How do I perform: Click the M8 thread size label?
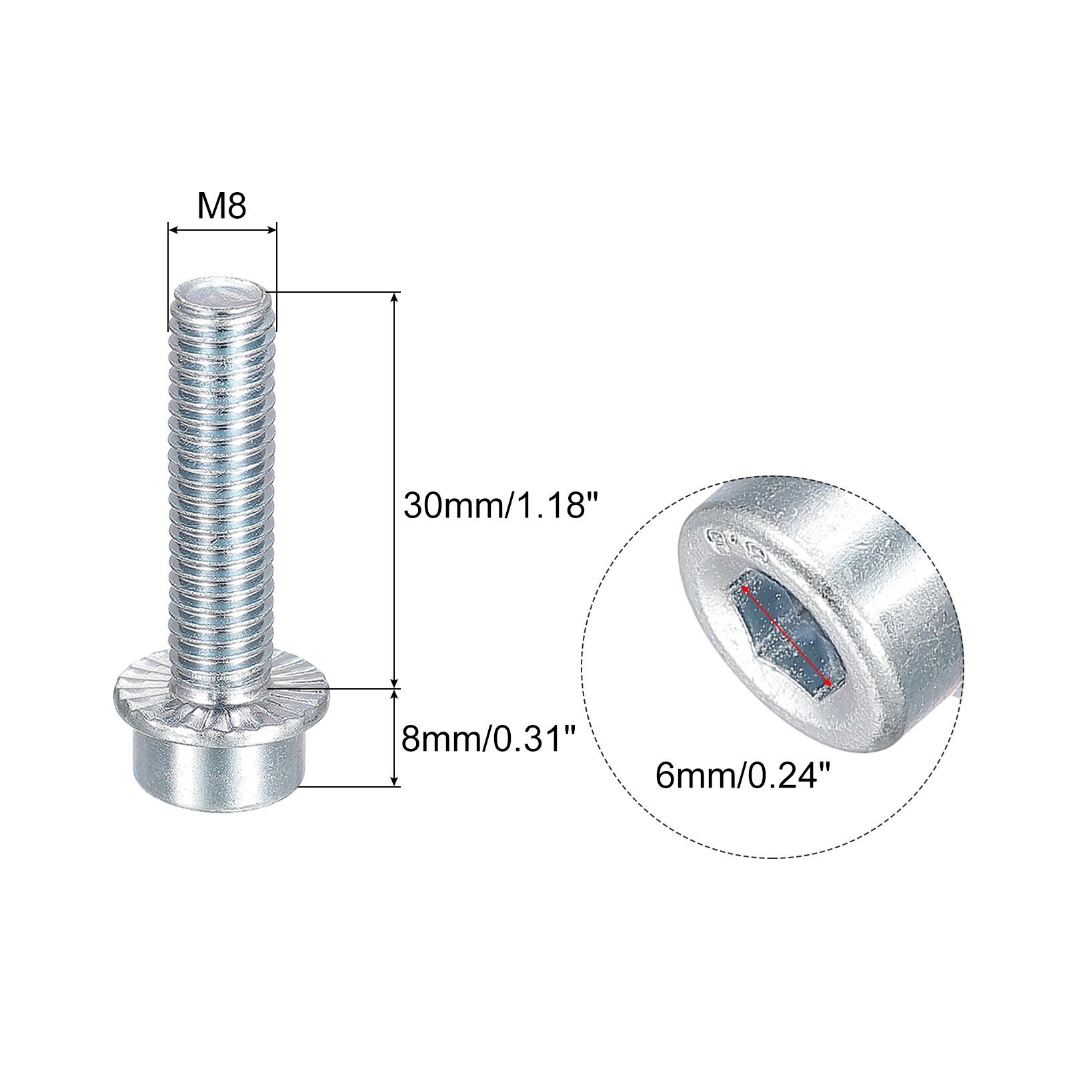coord(222,207)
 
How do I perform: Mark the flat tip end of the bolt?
coord(222,294)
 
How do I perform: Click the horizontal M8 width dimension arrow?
coord(222,231)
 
